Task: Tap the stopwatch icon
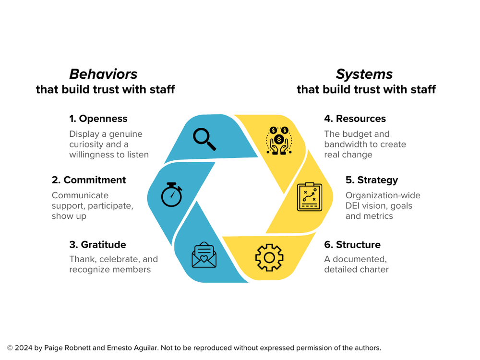click(x=171, y=194)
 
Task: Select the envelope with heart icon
click(x=204, y=255)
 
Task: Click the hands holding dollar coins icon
click(x=278, y=140)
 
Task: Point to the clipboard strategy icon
click(x=310, y=197)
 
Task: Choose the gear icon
click(x=269, y=258)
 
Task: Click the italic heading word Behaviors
click(x=103, y=74)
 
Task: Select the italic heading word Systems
click(x=364, y=74)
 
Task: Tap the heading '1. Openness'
click(x=98, y=119)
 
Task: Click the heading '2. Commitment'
click(x=89, y=180)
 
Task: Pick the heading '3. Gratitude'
click(x=97, y=244)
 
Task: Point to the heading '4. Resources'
click(x=355, y=119)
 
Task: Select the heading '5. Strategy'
click(x=372, y=180)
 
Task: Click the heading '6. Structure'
click(x=352, y=244)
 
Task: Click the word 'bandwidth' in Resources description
click(x=345, y=144)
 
